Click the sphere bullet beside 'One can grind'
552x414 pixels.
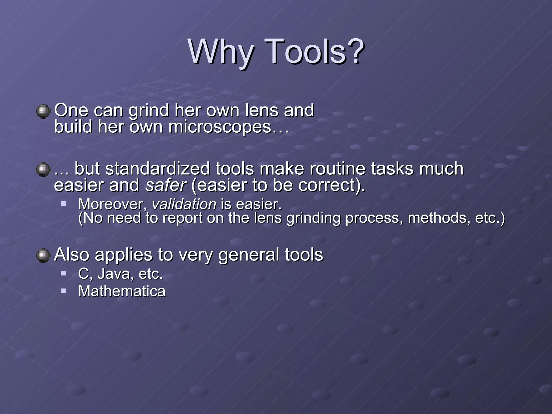click(43, 111)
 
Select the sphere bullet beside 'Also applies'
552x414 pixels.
click(43, 255)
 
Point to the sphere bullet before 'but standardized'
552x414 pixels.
click(43, 170)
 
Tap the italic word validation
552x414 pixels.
click(184, 204)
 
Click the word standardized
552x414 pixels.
click(157, 169)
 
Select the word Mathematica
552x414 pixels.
click(122, 291)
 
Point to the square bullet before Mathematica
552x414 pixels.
click(64, 291)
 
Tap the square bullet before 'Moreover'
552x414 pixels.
click(64, 203)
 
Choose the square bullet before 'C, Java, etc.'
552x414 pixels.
click(64, 274)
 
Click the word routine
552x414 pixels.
click(337, 169)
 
